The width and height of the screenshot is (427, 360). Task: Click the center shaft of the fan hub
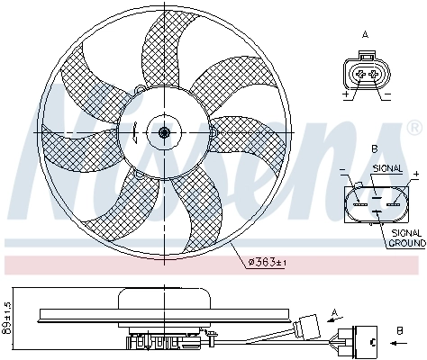[x=164, y=133]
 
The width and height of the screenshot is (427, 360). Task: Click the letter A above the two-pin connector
[x=365, y=34]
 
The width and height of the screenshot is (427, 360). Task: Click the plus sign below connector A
[x=345, y=94]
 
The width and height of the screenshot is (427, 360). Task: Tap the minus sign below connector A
[x=386, y=94]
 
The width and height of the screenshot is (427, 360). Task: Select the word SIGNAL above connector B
[x=386, y=168]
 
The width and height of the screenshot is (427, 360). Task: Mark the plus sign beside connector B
[x=415, y=173]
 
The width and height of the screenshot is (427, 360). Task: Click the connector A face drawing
[x=365, y=73]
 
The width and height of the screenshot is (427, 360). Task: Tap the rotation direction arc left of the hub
[x=133, y=133]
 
